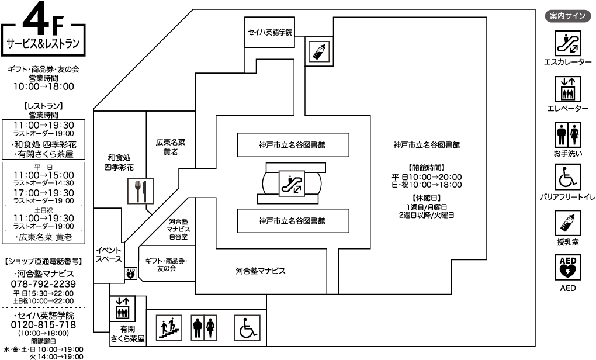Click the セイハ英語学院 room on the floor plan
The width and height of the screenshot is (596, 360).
[x=269, y=32]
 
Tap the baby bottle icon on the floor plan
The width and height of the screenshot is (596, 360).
[x=319, y=51]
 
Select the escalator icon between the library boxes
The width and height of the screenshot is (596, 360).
[x=292, y=184]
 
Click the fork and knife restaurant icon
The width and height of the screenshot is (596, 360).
[x=140, y=191]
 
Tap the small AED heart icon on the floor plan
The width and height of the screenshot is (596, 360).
[x=130, y=274]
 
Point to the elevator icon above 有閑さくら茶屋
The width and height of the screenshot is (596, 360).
[x=122, y=309]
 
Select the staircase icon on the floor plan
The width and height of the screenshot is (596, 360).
[x=169, y=328]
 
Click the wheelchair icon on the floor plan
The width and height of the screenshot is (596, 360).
[x=247, y=328]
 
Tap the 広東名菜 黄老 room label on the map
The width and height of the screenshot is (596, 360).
[x=171, y=147]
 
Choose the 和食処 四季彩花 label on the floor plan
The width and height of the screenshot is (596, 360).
[x=119, y=162]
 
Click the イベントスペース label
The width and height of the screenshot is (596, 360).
[x=109, y=255]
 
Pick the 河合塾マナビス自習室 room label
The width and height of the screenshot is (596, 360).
[x=178, y=229]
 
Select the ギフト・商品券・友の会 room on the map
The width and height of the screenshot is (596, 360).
[x=167, y=264]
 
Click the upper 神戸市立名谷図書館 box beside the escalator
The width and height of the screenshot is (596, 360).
[x=293, y=145]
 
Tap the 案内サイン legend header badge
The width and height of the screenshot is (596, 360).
[x=568, y=16]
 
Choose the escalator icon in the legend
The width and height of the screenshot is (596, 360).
[x=568, y=43]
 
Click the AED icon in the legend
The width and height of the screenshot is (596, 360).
[x=568, y=268]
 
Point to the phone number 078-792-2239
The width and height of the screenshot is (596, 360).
[x=43, y=283]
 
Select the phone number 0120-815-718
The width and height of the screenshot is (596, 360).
[x=43, y=325]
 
